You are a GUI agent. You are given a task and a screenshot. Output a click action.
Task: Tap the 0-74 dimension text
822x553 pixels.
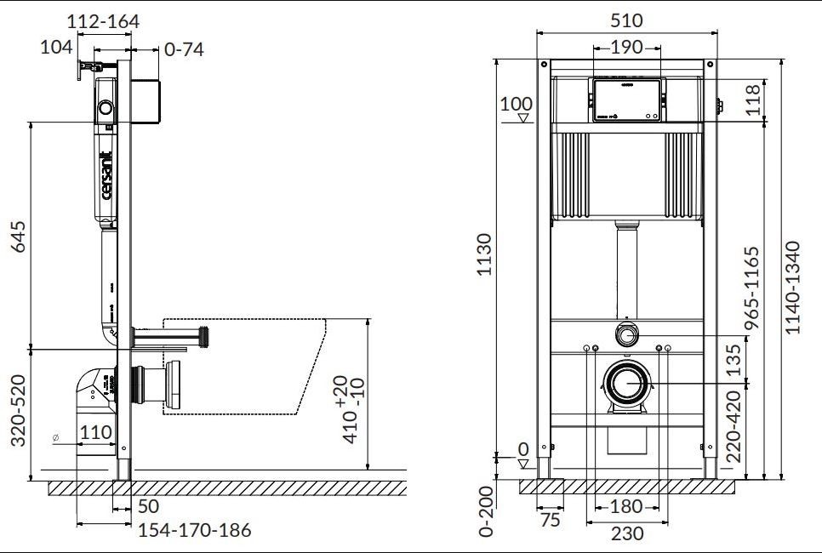[183, 49]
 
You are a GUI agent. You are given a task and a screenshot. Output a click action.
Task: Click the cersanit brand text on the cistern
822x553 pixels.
[107, 174]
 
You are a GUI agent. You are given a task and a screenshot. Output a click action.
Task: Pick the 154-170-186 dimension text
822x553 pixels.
[195, 530]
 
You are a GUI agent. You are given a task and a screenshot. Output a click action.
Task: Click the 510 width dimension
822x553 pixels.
[625, 20]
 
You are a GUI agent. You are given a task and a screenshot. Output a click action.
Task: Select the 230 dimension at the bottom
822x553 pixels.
[627, 534]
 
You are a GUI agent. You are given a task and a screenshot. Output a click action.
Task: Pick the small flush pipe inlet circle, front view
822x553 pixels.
[626, 334]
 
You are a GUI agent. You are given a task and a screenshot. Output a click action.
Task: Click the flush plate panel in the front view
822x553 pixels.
[626, 100]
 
